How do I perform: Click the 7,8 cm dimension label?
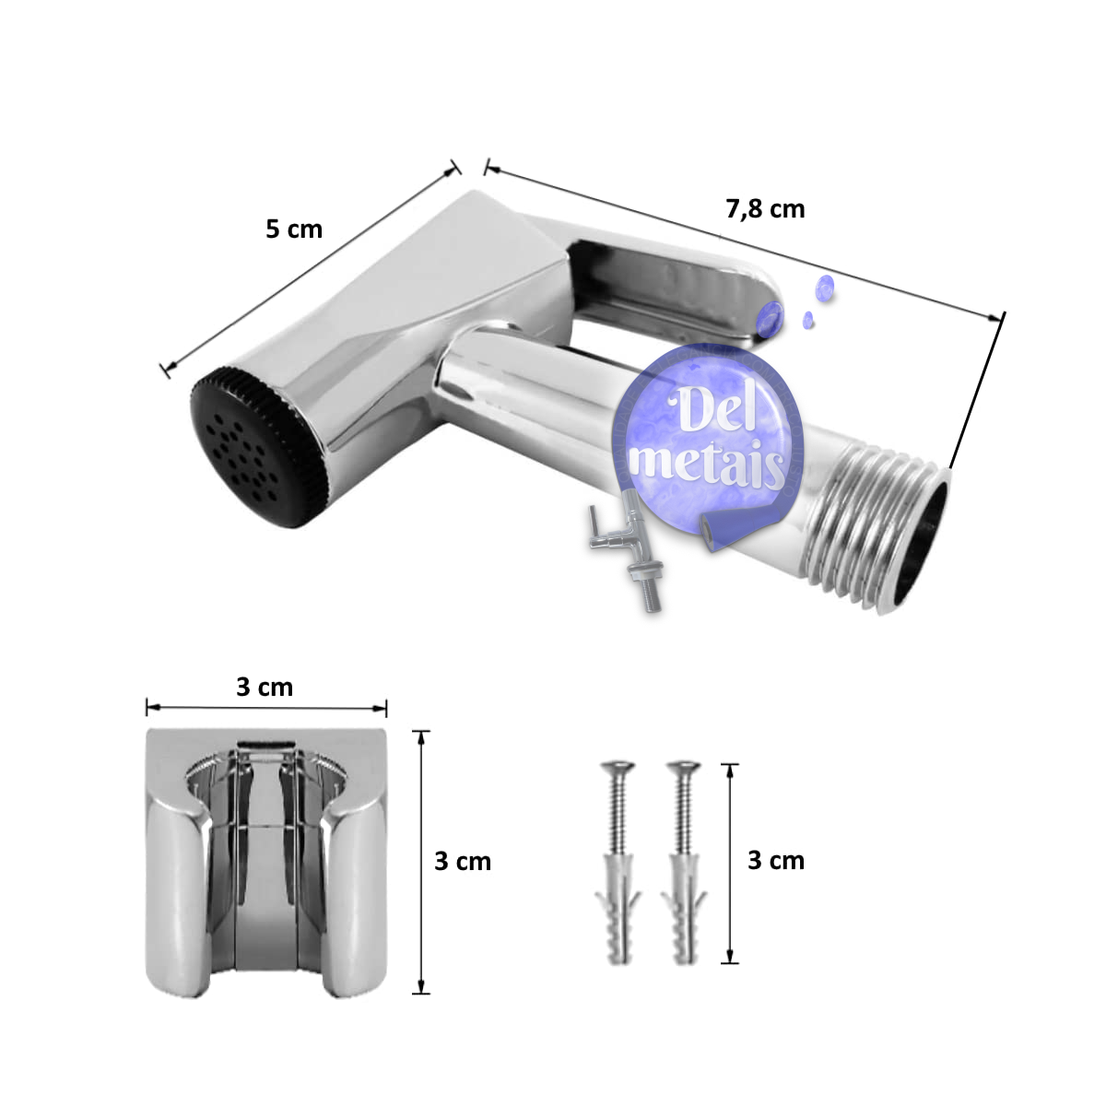tap(765, 209)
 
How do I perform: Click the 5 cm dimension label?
tap(294, 229)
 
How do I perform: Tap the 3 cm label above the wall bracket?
tap(265, 687)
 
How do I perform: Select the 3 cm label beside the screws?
tap(776, 861)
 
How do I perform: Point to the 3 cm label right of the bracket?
tap(463, 862)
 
